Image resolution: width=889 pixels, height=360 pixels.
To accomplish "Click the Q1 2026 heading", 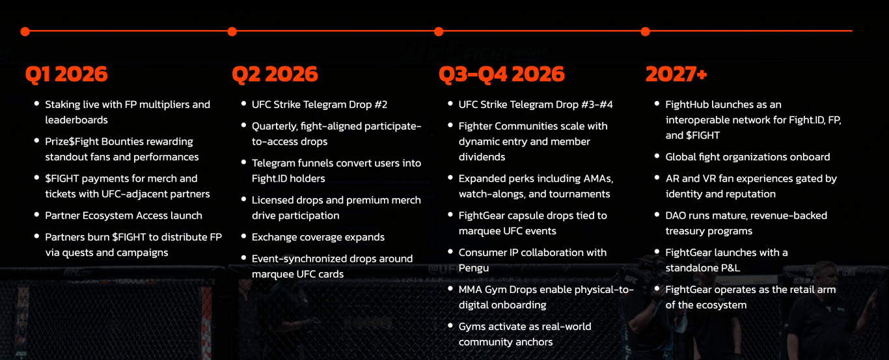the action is tap(66, 74).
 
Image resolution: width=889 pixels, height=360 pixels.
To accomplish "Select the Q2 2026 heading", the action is tap(275, 74).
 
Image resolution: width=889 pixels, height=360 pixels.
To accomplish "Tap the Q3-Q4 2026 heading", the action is tap(502, 74).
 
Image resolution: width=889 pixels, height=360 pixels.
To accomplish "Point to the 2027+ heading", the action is tap(676, 74).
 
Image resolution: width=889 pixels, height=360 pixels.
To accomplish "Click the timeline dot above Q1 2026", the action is tap(25, 32).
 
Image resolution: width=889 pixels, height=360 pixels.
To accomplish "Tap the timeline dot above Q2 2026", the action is tap(232, 32).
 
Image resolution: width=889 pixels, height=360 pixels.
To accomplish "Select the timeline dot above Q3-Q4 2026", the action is tap(439, 32).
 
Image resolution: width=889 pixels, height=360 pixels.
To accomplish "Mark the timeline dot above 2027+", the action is tap(646, 32).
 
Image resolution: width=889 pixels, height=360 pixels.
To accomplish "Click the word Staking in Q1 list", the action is tap(62, 105).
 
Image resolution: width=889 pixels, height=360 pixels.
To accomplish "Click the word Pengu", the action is tap(474, 268).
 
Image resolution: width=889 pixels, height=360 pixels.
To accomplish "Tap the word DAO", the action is tap(676, 215).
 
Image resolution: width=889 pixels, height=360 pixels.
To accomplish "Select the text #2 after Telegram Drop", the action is tap(380, 105).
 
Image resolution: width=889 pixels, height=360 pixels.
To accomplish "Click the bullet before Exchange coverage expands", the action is tap(243, 236).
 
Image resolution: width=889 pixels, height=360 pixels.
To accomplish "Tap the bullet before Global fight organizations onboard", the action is tap(657, 156).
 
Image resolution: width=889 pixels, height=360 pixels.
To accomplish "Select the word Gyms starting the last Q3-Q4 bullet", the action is tap(472, 327).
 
